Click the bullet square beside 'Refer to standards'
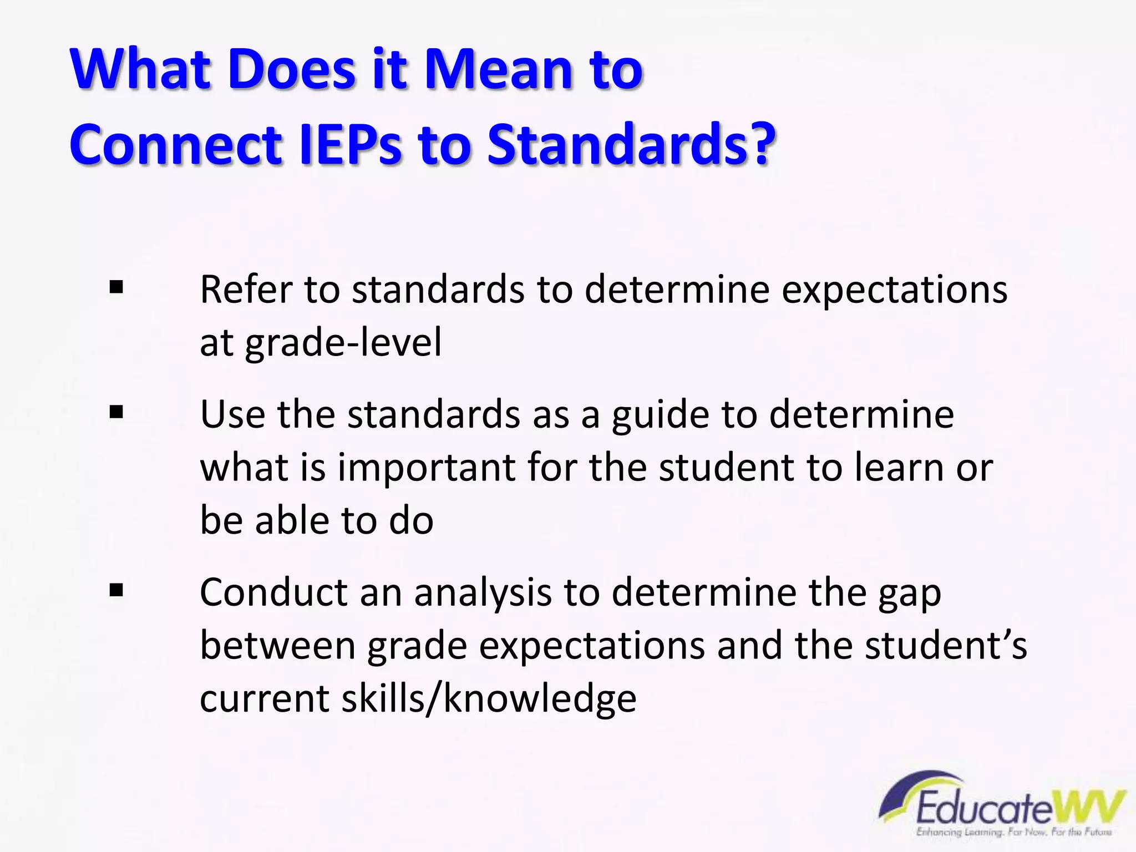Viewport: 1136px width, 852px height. (x=116, y=287)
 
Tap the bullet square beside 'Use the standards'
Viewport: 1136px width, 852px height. (x=116, y=412)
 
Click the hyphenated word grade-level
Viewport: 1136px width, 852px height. (x=343, y=342)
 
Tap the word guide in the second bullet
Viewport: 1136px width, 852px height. (x=660, y=415)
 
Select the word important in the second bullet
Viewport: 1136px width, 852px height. (x=427, y=468)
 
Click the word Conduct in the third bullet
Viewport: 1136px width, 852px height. (x=273, y=592)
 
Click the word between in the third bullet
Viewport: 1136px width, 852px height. (x=277, y=646)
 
